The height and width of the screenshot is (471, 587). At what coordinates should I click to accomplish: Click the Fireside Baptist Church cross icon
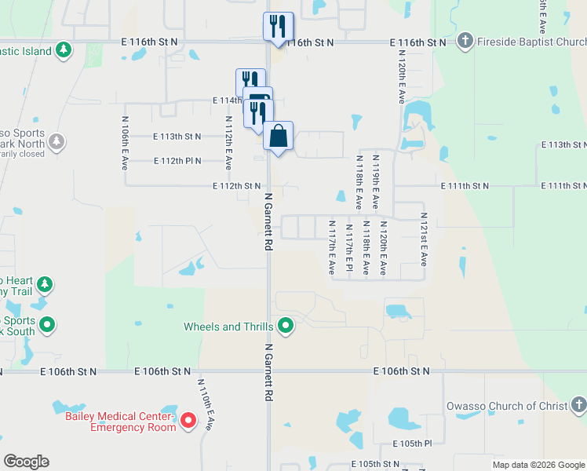pyautogui.click(x=465, y=42)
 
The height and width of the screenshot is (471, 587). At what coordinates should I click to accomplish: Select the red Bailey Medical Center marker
pyautogui.click(x=188, y=422)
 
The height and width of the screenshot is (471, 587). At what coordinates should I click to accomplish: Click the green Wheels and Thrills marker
pyautogui.click(x=286, y=327)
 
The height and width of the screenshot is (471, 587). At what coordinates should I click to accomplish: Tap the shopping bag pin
pyautogui.click(x=278, y=136)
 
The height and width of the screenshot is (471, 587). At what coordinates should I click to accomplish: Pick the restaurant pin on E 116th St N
pyautogui.click(x=278, y=27)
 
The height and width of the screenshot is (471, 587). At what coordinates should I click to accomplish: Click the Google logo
pyautogui.click(x=26, y=462)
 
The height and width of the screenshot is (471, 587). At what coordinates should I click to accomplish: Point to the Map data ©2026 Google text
pyautogui.click(x=538, y=465)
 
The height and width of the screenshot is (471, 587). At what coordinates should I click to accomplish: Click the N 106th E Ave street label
pyautogui.click(x=125, y=144)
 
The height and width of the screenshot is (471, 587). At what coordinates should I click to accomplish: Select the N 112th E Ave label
pyautogui.click(x=228, y=144)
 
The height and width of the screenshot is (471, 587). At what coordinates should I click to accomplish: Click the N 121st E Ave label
pyautogui.click(x=424, y=239)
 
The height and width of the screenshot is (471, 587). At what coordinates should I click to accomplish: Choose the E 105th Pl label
pyautogui.click(x=416, y=444)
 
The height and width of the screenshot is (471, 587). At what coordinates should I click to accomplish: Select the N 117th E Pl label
pyautogui.click(x=348, y=248)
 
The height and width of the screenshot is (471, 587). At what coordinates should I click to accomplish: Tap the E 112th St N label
pyautogui.click(x=237, y=186)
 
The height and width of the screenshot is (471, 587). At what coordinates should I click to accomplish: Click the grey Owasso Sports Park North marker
pyautogui.click(x=56, y=142)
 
